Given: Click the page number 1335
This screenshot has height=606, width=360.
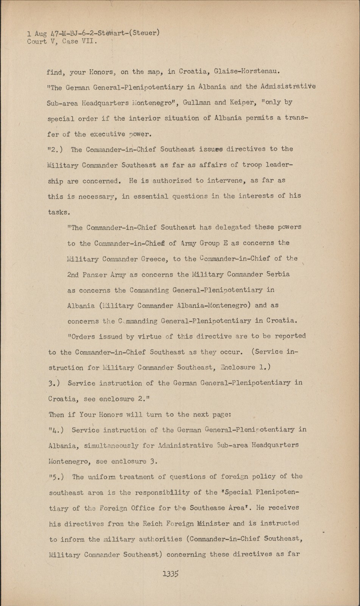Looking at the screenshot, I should coord(170,573).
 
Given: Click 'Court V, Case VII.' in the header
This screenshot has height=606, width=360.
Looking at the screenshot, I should coord(62,42).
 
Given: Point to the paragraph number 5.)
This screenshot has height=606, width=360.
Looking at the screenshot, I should coord(56,477).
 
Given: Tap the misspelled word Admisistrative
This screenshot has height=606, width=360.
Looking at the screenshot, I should coord(288,87).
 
